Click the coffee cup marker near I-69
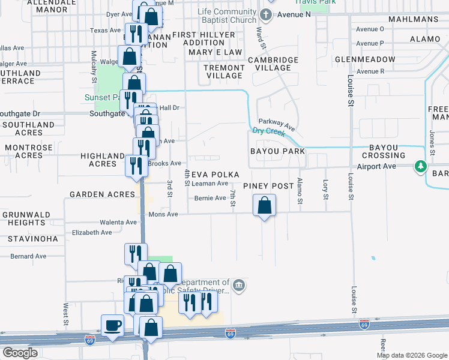click(112, 325)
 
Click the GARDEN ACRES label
click(102, 194)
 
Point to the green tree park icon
click(421, 166)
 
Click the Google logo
click(20, 353)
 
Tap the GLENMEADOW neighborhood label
click(365, 59)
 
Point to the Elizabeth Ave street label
click(92, 232)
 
